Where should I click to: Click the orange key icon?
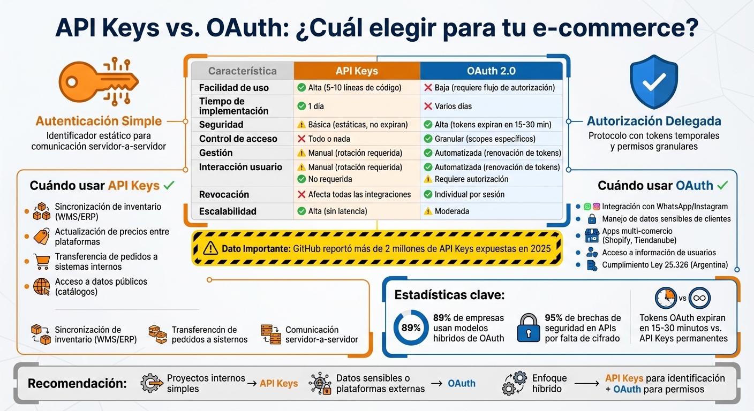99,82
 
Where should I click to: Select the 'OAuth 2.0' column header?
491,71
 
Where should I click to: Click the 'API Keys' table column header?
357,71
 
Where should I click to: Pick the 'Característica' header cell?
242,71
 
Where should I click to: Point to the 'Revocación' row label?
224,194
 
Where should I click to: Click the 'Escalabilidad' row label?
228,211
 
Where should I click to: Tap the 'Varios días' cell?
453,106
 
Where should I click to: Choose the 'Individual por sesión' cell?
469,194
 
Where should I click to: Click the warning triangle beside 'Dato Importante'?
210,248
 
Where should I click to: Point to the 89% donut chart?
411,328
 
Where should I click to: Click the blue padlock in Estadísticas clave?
528,328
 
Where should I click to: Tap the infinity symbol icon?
699,298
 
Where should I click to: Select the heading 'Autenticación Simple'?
99,121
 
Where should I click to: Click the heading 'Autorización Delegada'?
654,121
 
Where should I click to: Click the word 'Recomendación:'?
77,383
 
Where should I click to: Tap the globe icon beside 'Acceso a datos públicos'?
41,287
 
